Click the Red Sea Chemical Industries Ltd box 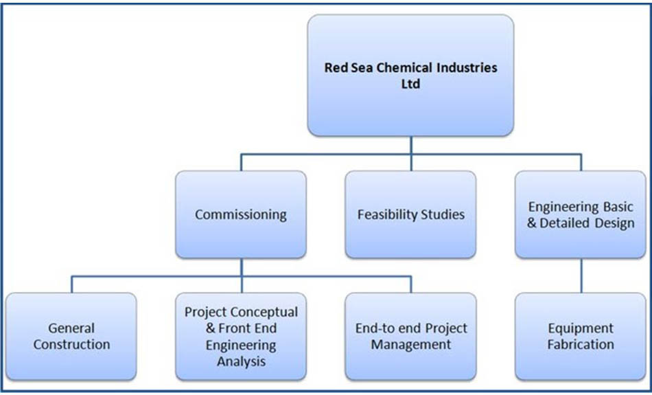coord(411,76)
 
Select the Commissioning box coord(241,214)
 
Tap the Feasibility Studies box coord(411,214)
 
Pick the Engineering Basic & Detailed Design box coord(581,214)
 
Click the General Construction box coord(71,337)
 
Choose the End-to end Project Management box coord(411,337)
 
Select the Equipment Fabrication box coord(581,337)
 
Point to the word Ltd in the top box coord(410,84)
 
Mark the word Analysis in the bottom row coord(241,361)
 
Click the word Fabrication coord(581,345)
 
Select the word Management coord(411,345)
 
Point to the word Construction coord(71,345)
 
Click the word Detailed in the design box coord(566,223)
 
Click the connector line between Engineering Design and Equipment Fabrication coord(581,275)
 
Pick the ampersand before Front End coord(211,328)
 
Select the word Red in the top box coord(336,67)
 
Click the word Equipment coord(581,329)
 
